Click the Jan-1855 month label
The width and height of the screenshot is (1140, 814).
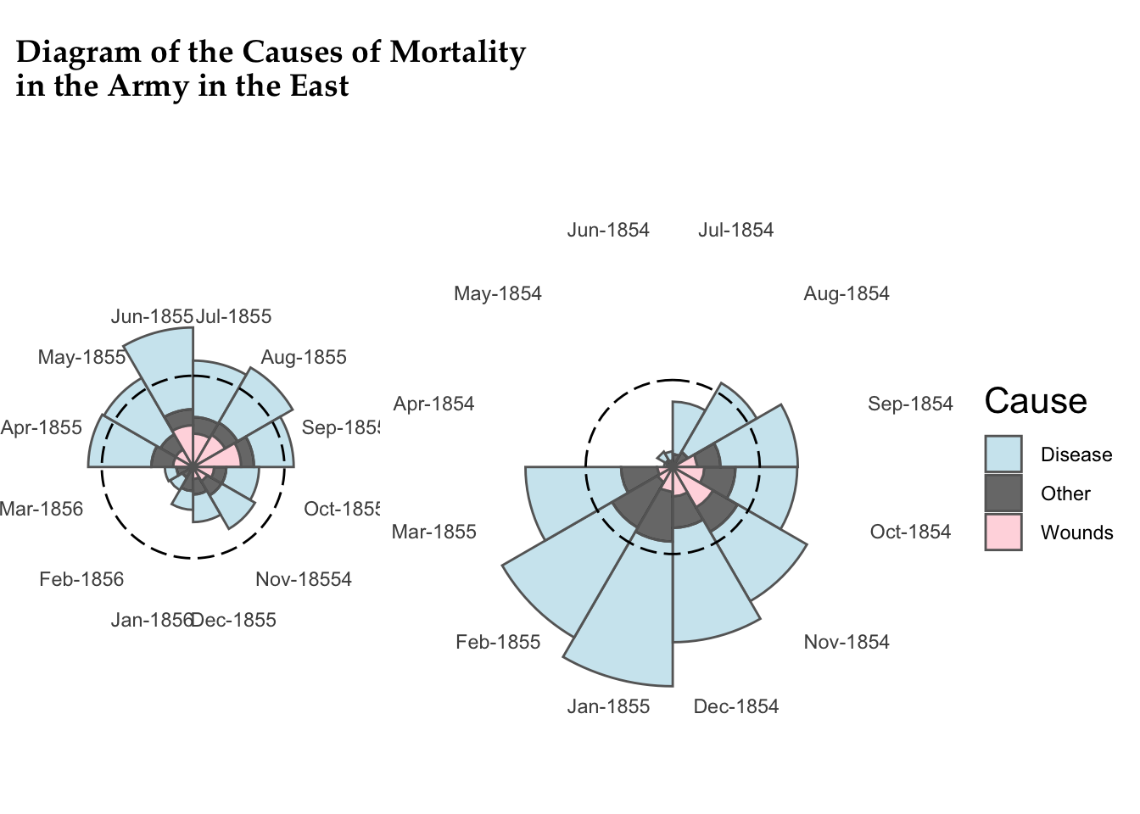click(x=608, y=706)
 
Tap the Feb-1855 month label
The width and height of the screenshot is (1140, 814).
click(x=498, y=642)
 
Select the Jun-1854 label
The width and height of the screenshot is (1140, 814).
click(x=608, y=230)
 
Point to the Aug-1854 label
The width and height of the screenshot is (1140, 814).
click(x=847, y=293)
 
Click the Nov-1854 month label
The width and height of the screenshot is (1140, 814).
click(x=847, y=642)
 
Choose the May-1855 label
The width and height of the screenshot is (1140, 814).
click(x=81, y=357)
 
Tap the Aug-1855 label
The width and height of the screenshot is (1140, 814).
click(x=304, y=357)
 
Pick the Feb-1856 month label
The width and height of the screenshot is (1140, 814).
click(x=81, y=579)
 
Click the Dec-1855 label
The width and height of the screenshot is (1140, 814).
click(x=234, y=620)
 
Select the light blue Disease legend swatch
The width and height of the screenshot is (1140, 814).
click(x=1003, y=454)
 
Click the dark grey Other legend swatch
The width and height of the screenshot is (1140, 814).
click(x=1003, y=493)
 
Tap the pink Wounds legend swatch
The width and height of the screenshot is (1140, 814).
click(x=1003, y=532)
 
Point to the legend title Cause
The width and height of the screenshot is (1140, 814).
click(x=1036, y=401)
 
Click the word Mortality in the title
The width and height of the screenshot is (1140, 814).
click(x=457, y=52)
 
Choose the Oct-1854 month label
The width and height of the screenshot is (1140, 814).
click(x=910, y=532)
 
